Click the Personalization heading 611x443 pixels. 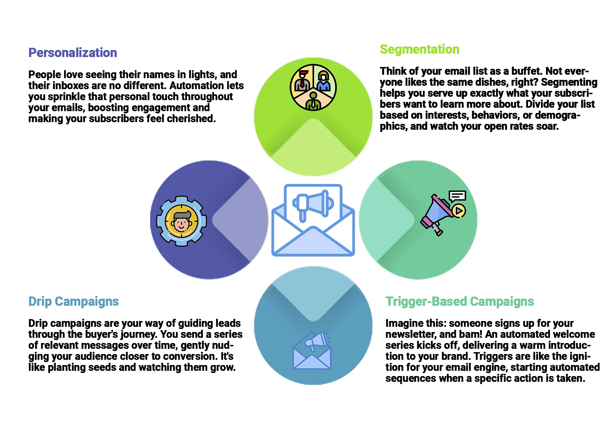73,53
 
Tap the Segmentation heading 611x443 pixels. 419,49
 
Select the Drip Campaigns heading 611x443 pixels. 74,302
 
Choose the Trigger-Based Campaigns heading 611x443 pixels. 460,302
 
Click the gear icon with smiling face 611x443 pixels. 182,221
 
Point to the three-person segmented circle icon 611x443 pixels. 313,87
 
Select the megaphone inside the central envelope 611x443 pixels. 313,204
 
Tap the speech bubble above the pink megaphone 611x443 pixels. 457,196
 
